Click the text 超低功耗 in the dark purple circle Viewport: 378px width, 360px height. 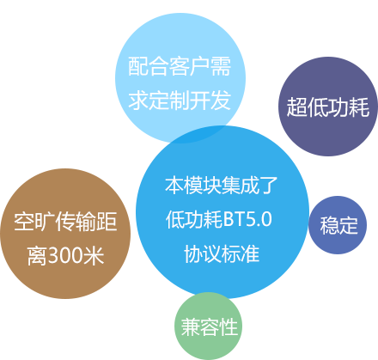(328, 107)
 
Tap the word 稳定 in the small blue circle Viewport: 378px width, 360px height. (339, 226)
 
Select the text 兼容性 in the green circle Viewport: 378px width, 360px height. (210, 326)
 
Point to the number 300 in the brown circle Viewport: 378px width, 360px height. (65, 255)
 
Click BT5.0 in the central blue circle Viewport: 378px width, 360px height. (247, 220)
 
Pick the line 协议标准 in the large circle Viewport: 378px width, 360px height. (222, 254)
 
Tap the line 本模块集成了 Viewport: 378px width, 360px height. (222, 186)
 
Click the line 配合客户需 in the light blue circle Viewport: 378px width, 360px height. (180, 67)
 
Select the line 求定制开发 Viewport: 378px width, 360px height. (180, 101)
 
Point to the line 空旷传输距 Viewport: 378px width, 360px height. (65, 222)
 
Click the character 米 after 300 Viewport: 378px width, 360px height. (94, 255)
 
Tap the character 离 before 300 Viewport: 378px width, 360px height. (38, 255)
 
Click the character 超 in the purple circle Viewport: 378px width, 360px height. (297, 107)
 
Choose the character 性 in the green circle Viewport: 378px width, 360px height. (229, 326)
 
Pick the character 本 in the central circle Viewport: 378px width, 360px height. (174, 186)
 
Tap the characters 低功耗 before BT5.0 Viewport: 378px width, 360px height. (194, 220)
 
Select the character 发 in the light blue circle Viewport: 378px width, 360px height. (221, 101)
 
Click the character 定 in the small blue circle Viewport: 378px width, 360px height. (349, 226)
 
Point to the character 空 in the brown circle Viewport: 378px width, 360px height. (24, 222)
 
